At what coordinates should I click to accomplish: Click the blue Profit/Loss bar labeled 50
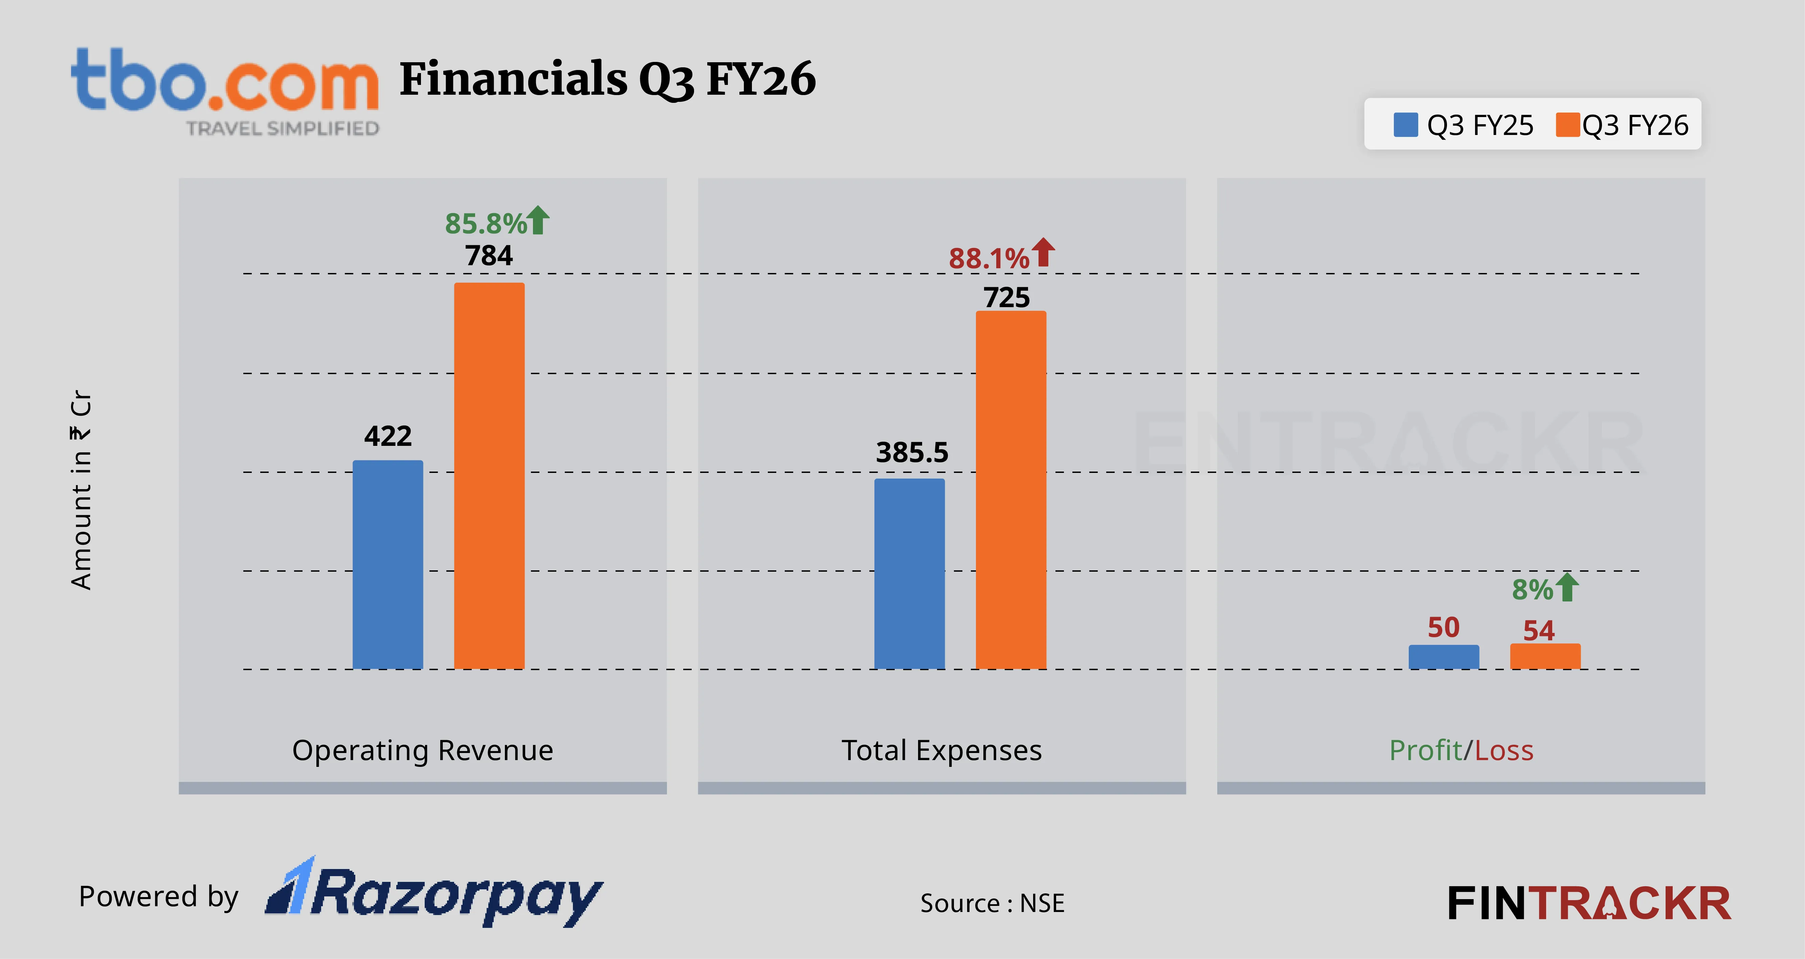(1444, 657)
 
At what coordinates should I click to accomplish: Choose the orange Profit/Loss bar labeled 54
(1545, 656)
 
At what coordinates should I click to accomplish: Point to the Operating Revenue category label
(423, 750)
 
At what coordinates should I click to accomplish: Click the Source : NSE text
(992, 903)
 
